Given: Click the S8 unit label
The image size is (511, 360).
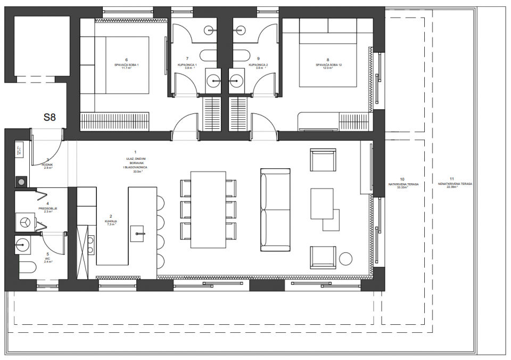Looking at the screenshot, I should pyautogui.click(x=50, y=117).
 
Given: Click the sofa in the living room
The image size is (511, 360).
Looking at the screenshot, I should pyautogui.click(x=275, y=210).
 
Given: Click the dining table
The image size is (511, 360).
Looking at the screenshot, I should pyautogui.click(x=208, y=210).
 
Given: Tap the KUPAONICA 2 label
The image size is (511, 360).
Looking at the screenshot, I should pyautogui.click(x=258, y=64).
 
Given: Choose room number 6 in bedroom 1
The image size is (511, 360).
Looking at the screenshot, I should pyautogui.click(x=126, y=60).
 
